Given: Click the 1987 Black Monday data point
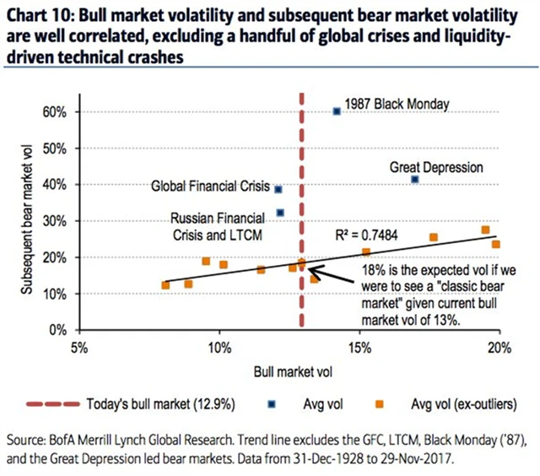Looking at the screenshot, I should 337,111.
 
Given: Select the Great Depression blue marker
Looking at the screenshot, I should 414,179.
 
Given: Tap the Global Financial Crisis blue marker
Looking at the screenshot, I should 278,189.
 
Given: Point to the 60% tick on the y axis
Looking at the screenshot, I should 62,111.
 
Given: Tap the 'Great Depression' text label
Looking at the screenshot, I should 435,167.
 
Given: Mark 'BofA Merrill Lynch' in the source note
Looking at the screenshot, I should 115,440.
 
